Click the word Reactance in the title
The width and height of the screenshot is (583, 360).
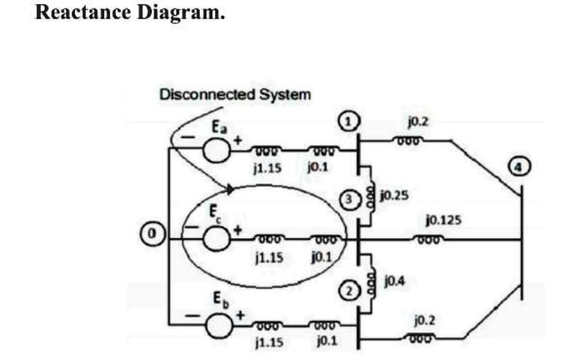[83, 12]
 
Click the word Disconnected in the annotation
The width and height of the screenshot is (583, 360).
[207, 94]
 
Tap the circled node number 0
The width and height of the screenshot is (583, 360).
[152, 234]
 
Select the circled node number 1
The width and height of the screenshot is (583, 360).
[348, 121]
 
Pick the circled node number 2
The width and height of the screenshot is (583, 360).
[349, 291]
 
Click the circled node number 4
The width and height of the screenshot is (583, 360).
[519, 166]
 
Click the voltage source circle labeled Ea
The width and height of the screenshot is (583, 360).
[216, 150]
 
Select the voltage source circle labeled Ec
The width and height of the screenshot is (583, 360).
[217, 238]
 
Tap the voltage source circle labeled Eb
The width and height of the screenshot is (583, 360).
[219, 325]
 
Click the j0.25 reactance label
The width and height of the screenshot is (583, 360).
[394, 195]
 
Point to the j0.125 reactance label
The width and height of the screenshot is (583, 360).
[443, 220]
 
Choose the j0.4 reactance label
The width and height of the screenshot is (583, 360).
[394, 281]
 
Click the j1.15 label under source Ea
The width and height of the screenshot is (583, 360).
[267, 168]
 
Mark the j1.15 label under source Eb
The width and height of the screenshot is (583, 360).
[269, 341]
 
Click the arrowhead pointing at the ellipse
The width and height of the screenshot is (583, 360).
[230, 189]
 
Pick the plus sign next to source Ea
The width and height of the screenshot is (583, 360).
[237, 140]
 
